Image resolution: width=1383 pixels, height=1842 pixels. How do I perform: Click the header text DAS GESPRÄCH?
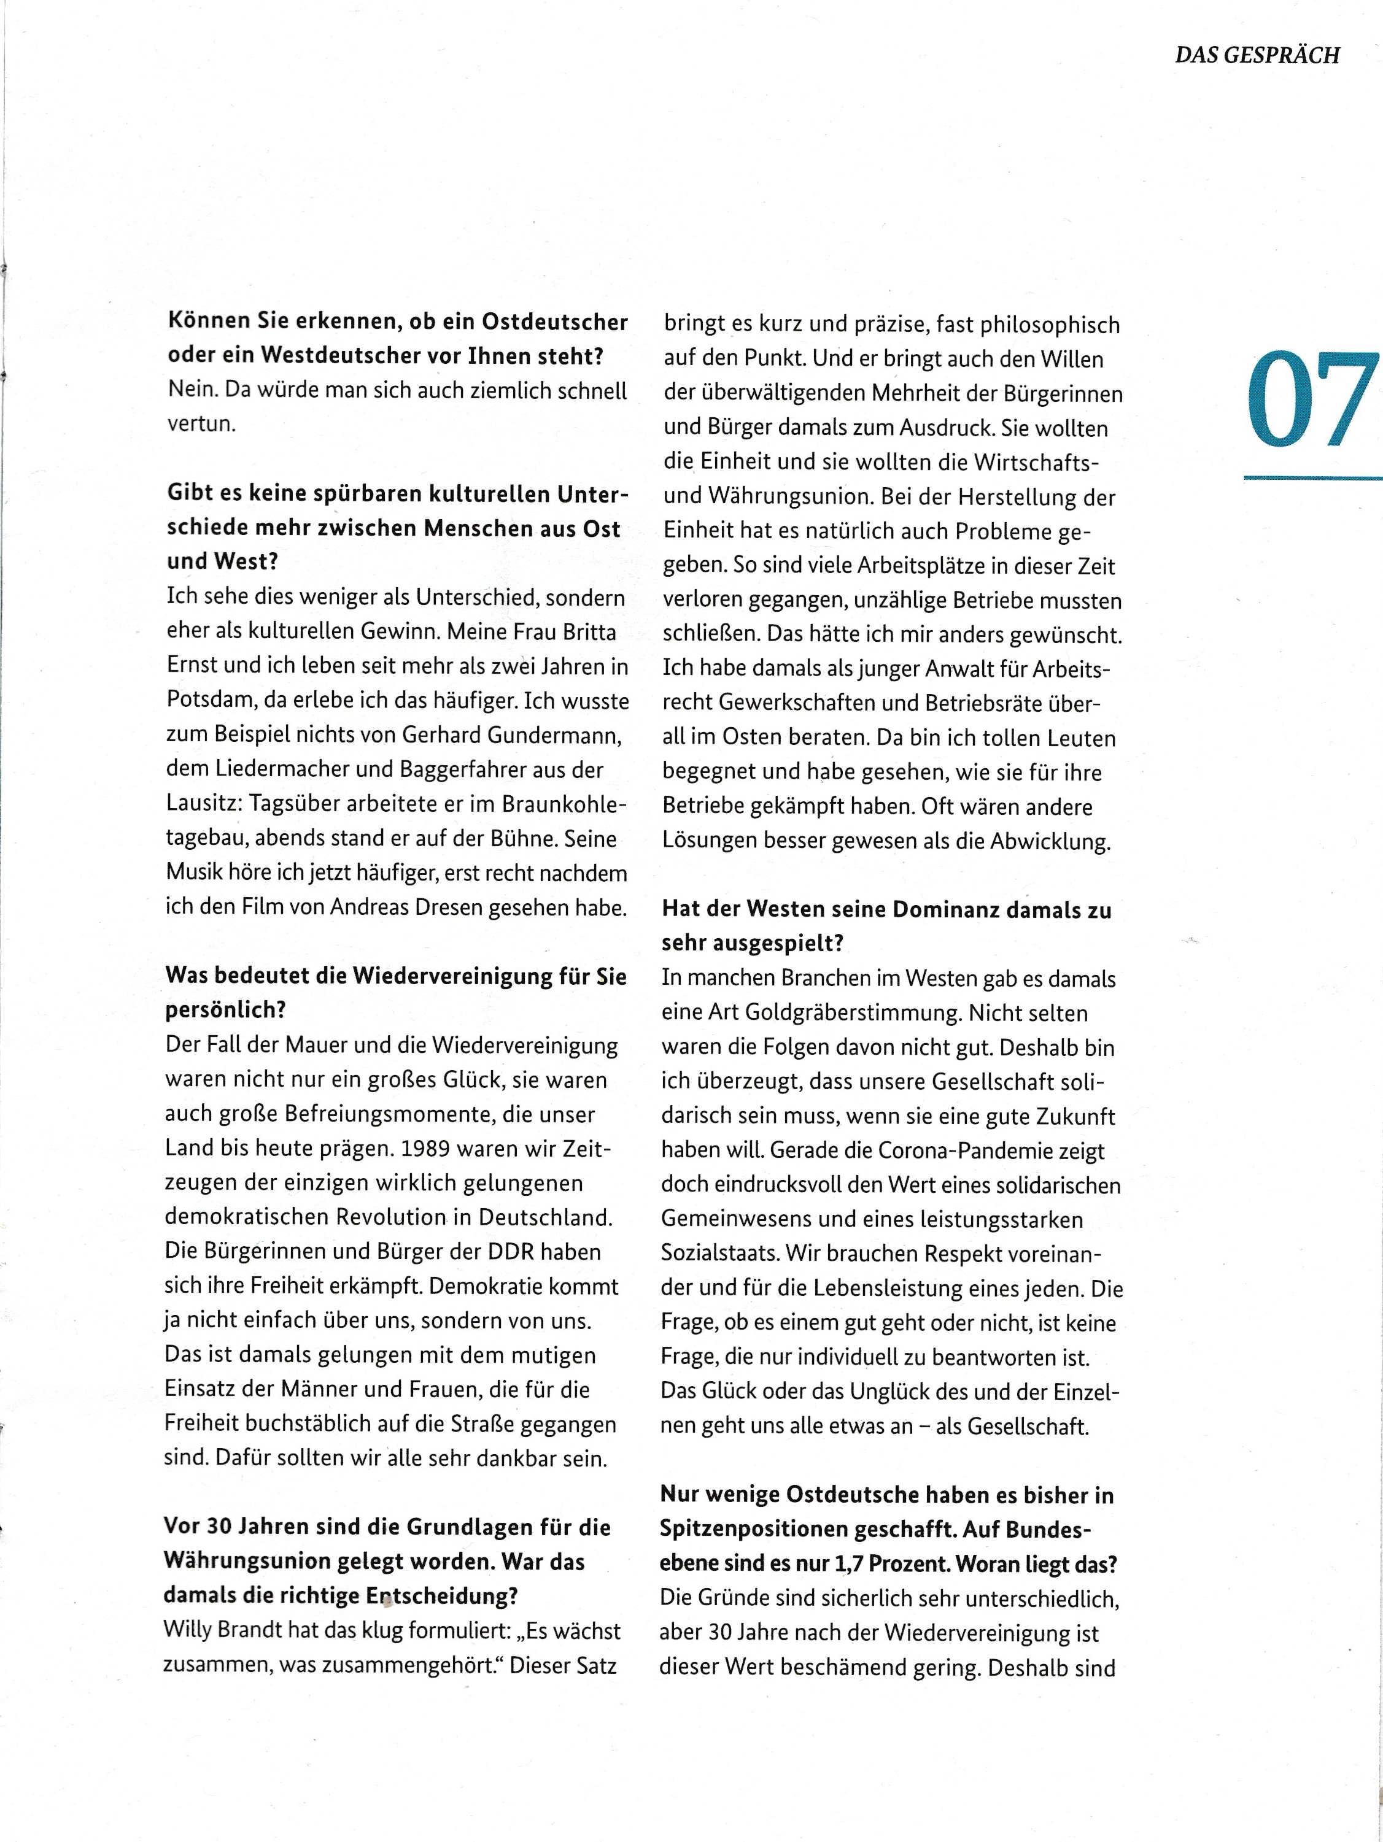point(1257,55)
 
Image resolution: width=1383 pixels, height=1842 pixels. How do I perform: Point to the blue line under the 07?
point(1312,477)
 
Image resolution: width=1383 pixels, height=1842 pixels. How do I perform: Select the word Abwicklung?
point(1050,841)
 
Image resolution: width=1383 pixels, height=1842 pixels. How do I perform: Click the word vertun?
point(201,424)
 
